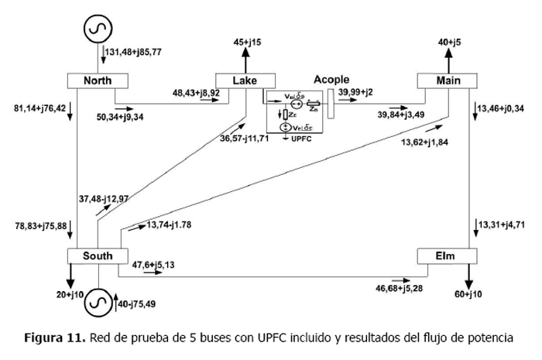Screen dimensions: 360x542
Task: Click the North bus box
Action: point(98,81)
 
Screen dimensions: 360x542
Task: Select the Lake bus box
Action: point(245,81)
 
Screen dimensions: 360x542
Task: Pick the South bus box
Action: point(98,255)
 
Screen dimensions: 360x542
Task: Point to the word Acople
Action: point(331,79)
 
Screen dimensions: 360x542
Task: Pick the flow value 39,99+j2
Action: point(355,92)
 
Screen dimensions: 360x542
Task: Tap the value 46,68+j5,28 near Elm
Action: point(398,289)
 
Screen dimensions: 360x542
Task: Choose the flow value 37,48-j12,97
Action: point(104,199)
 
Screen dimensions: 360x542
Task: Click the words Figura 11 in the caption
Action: point(54,338)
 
